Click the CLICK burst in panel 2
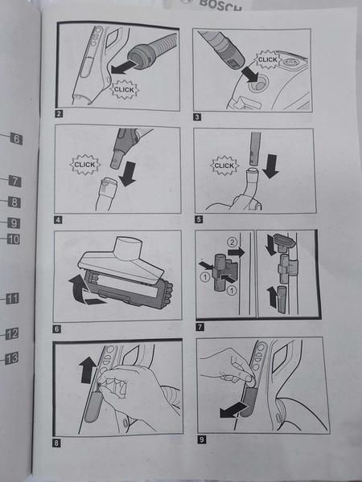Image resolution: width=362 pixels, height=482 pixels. point(125,90)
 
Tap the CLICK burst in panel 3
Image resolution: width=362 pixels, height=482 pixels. point(268,59)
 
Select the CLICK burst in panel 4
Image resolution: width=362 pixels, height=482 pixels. point(85,165)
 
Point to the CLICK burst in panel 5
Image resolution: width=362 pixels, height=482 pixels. point(224,165)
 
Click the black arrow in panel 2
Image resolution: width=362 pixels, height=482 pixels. point(123,67)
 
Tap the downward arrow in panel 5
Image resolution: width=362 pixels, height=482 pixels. point(271,166)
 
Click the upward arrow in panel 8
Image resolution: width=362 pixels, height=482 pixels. point(88,370)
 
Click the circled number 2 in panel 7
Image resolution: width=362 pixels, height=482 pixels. point(232,243)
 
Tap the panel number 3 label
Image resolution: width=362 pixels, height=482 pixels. point(197,116)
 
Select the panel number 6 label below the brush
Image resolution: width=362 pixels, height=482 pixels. point(56,329)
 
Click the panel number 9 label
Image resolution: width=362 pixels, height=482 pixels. point(201,439)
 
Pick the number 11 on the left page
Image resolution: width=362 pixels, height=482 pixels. point(13,299)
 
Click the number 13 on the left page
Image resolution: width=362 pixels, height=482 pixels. point(12,358)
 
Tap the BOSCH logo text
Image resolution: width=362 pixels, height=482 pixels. point(220,5)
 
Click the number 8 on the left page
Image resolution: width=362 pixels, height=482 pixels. point(14,202)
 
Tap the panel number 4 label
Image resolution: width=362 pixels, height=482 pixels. point(58,220)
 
